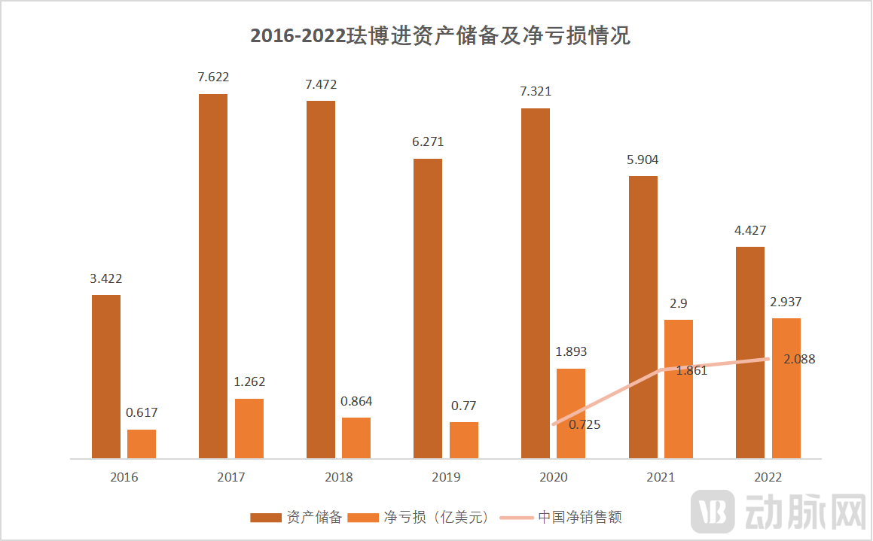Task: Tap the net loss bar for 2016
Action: click(142, 444)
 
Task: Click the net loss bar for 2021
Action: click(679, 389)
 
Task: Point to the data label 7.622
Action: click(213, 77)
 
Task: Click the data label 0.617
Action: click(142, 412)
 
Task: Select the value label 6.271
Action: click(428, 141)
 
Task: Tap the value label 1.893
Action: click(571, 351)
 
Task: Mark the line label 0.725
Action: click(585, 424)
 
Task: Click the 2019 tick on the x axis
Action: click(445, 477)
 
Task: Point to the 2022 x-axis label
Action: click(768, 477)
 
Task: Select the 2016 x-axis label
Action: click(124, 477)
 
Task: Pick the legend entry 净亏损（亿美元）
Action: click(437, 517)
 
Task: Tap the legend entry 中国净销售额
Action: click(580, 517)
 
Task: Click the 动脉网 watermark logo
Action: click(780, 512)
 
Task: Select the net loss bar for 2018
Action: click(356, 438)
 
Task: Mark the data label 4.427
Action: click(750, 230)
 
